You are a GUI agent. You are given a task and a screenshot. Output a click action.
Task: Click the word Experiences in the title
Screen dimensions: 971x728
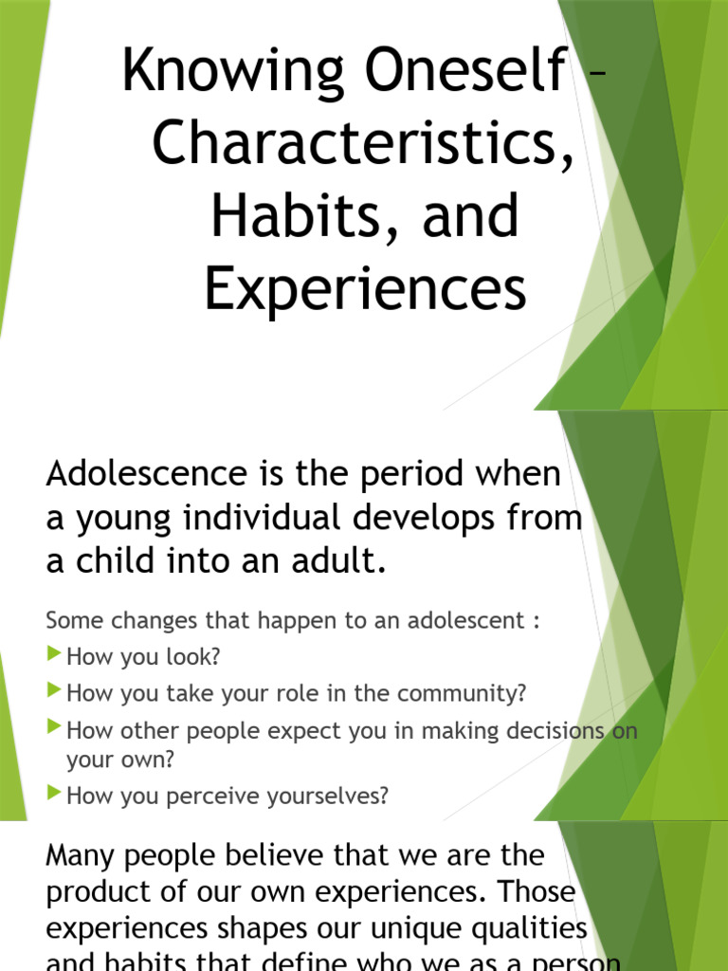click(x=365, y=288)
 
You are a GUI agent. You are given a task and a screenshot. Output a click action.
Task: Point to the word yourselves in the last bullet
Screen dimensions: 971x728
click(x=328, y=797)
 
